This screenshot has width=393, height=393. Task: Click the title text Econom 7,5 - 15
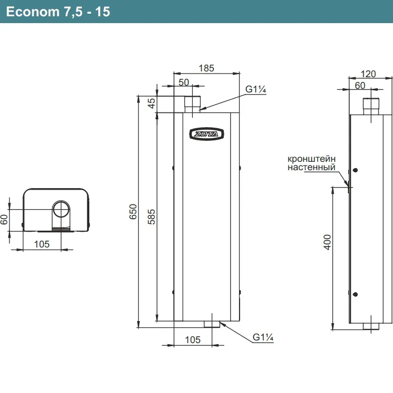[58, 12]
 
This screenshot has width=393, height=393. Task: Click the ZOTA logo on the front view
[206, 134]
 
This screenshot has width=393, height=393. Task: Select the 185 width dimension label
[206, 68]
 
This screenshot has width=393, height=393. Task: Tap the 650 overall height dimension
[133, 212]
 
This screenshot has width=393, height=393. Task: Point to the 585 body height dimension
[151, 217]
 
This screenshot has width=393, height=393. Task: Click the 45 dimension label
[151, 104]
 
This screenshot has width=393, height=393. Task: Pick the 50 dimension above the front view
[184, 82]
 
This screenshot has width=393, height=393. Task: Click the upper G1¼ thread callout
[255, 89]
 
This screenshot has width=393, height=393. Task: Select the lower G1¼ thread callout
[263, 337]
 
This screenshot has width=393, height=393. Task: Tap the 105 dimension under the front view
[193, 340]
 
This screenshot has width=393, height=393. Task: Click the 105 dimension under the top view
[42, 244]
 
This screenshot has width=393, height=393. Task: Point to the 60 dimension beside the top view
[4, 220]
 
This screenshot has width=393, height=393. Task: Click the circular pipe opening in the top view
[61, 209]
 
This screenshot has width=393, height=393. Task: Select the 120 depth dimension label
[368, 74]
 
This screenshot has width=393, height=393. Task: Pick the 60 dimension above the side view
[360, 86]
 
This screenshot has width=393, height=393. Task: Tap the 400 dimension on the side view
[327, 242]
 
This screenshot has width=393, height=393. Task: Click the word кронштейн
[312, 159]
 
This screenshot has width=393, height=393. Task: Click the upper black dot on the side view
[355, 170]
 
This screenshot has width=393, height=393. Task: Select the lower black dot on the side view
[355, 294]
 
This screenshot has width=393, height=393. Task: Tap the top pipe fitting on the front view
[192, 104]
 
